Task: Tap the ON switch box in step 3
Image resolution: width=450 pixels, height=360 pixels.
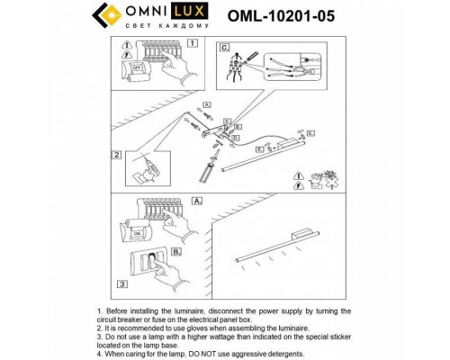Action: [138, 233]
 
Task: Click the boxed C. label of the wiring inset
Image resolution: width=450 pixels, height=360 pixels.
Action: [225, 47]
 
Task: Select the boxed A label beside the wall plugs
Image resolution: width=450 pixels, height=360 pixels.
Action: [206, 105]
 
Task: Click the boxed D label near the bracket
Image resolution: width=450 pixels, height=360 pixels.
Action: [235, 137]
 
